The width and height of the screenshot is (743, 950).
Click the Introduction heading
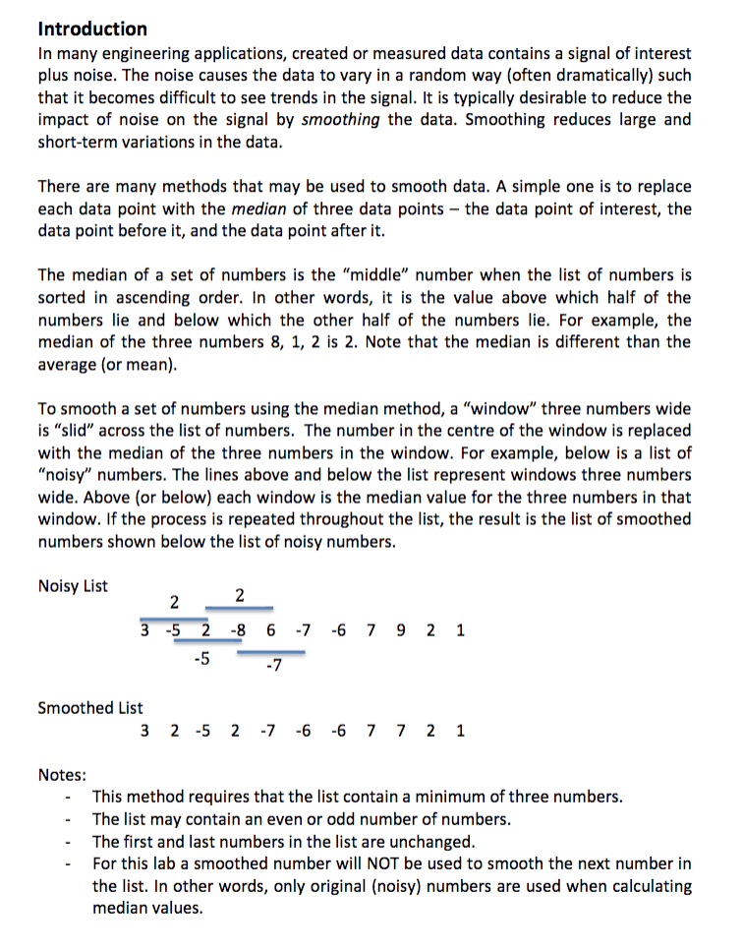(92, 29)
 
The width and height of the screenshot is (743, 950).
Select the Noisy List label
(73, 586)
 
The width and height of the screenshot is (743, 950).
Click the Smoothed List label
(89, 707)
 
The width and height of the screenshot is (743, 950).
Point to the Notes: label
(61, 774)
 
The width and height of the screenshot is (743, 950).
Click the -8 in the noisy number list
(238, 630)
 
